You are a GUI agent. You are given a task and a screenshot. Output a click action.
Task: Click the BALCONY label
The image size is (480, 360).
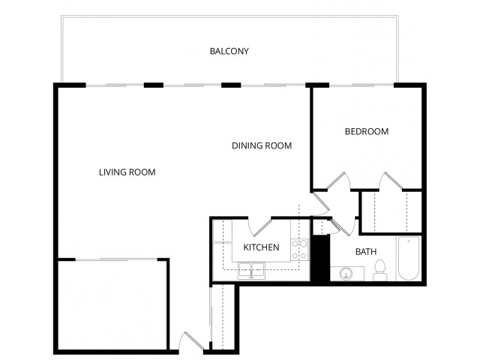coord(229,52)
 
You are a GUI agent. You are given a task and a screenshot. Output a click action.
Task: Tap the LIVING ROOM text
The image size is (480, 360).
coord(127,172)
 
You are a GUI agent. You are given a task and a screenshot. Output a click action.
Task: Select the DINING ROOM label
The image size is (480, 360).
coord(261,145)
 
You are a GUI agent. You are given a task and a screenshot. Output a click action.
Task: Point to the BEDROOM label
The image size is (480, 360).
coord(366,131)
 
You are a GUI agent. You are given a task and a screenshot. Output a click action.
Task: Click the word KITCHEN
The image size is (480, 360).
coord(261,247)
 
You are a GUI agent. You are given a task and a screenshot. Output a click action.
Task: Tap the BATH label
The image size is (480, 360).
coord(366,252)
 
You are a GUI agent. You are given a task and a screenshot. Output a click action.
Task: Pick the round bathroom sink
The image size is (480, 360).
coord(346,273)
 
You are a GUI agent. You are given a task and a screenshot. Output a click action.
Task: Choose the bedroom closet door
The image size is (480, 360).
coord(391,182)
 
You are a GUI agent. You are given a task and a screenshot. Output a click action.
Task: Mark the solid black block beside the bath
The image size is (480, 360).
coord(320,259)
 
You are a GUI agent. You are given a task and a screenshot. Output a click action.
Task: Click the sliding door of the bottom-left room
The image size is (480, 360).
coord(112,259)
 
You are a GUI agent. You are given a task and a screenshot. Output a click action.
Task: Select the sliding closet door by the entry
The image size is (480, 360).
coord(212,315)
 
